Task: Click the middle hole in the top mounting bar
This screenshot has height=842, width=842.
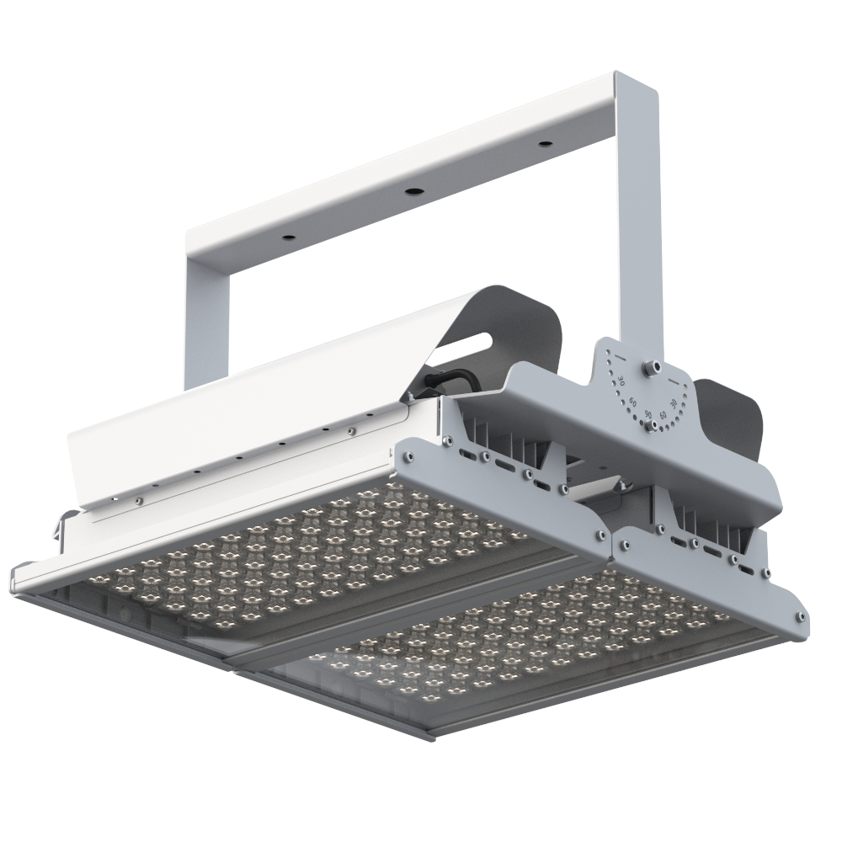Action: click(413, 191)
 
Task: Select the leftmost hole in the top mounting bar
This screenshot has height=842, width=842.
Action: click(288, 238)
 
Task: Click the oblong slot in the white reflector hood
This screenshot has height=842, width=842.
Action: click(472, 343)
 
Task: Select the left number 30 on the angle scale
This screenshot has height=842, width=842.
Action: click(621, 381)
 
